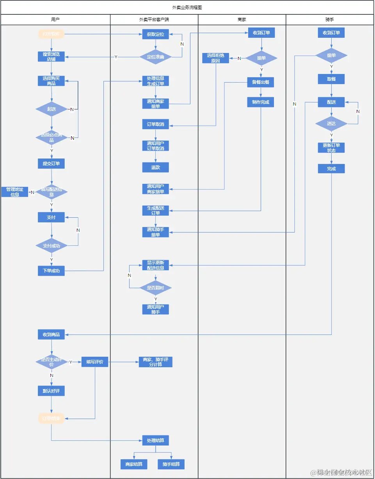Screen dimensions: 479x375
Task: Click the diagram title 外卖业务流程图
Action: tap(187, 7)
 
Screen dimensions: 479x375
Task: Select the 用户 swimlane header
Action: tap(55, 19)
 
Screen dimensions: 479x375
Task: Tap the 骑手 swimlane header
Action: tap(330, 19)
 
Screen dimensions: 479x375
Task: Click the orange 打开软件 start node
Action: tap(51, 34)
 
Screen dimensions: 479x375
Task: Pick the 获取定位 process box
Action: tap(155, 34)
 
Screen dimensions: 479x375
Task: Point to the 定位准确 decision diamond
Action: tap(155, 57)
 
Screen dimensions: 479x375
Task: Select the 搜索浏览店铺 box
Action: tap(51, 56)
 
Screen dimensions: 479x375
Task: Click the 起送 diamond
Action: tap(51, 109)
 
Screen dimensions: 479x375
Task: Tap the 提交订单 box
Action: tap(51, 164)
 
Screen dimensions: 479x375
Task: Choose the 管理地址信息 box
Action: tap(15, 192)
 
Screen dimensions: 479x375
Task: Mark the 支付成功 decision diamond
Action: tap(51, 246)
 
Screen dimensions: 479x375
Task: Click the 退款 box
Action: tap(155, 167)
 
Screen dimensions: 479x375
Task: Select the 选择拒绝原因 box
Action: tap(216, 58)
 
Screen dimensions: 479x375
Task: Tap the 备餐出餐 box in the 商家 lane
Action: tap(260, 82)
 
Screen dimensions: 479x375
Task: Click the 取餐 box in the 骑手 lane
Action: tap(331, 79)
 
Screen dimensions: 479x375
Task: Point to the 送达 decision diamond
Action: tap(331, 124)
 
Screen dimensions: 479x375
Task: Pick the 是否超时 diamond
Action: tap(155, 288)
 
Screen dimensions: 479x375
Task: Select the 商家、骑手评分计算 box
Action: tap(155, 362)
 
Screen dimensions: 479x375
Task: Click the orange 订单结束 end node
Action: tap(51, 419)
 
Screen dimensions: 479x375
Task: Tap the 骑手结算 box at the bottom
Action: tap(171, 464)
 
